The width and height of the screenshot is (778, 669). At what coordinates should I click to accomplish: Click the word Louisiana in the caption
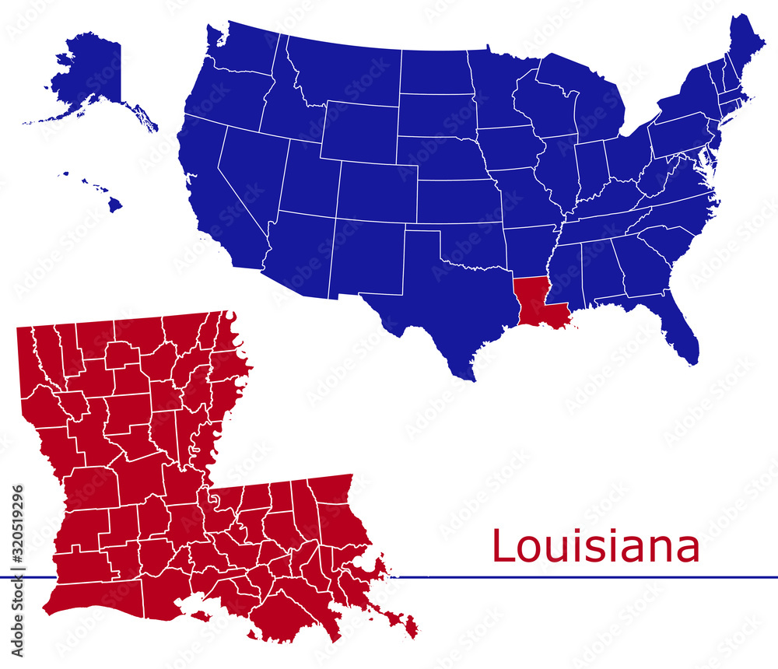pos(595,546)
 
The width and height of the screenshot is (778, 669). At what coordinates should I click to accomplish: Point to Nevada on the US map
pos(249,171)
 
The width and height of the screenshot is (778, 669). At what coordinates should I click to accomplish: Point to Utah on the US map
pos(307,179)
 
